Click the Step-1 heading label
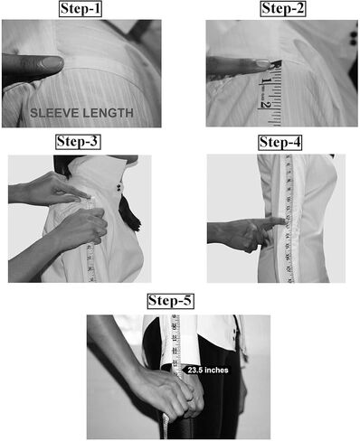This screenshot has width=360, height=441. tap(81, 9)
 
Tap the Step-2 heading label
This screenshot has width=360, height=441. tap(283, 8)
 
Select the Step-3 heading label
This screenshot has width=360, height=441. tap(78, 142)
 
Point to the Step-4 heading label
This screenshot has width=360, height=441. tap(280, 142)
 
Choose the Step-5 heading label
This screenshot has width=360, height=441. tap(170, 301)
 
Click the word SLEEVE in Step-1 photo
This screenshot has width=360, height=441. tap(54, 113)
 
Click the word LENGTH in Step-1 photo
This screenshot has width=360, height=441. tap(108, 113)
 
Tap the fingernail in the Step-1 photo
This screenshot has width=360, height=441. tap(52, 63)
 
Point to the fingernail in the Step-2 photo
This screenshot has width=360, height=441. tap(262, 63)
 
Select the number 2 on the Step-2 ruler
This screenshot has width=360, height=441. tap(265, 104)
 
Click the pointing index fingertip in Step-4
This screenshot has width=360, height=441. tap(282, 221)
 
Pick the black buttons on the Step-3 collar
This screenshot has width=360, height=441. tap(119, 188)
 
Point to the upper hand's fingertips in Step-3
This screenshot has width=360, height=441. tap(84, 196)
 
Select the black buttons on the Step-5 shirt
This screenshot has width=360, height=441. tap(233, 335)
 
